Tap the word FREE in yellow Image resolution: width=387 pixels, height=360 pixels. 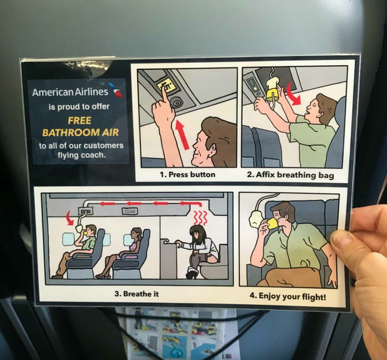(80, 120)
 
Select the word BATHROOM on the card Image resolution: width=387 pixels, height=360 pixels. (71, 133)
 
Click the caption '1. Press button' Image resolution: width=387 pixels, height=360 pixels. (187, 174)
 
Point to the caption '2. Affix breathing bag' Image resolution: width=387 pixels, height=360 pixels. (290, 175)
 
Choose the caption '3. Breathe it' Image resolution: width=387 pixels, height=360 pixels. (137, 294)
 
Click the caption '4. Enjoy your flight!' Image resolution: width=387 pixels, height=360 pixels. (287, 296)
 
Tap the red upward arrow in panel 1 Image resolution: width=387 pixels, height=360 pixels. (182, 135)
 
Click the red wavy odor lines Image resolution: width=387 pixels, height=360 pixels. (200, 218)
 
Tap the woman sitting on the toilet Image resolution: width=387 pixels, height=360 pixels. (200, 251)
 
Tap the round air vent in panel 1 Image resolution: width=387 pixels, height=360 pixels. (177, 102)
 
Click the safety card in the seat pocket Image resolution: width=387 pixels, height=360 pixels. (178, 333)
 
